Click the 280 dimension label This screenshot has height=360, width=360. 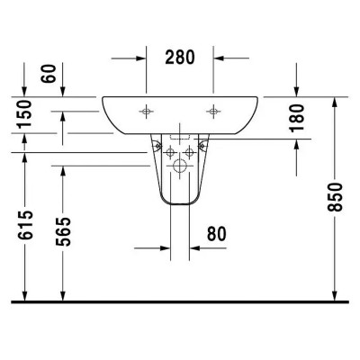180,58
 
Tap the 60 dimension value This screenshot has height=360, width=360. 49,74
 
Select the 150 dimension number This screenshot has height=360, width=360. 24,114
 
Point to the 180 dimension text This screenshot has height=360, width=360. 297,118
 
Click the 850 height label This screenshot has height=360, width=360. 335,197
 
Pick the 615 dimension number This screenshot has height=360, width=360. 25,225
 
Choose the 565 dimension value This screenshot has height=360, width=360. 63,231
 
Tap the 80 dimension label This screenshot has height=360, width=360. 217,234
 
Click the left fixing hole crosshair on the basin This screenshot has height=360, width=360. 146,112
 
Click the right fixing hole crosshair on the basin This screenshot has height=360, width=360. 213,112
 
